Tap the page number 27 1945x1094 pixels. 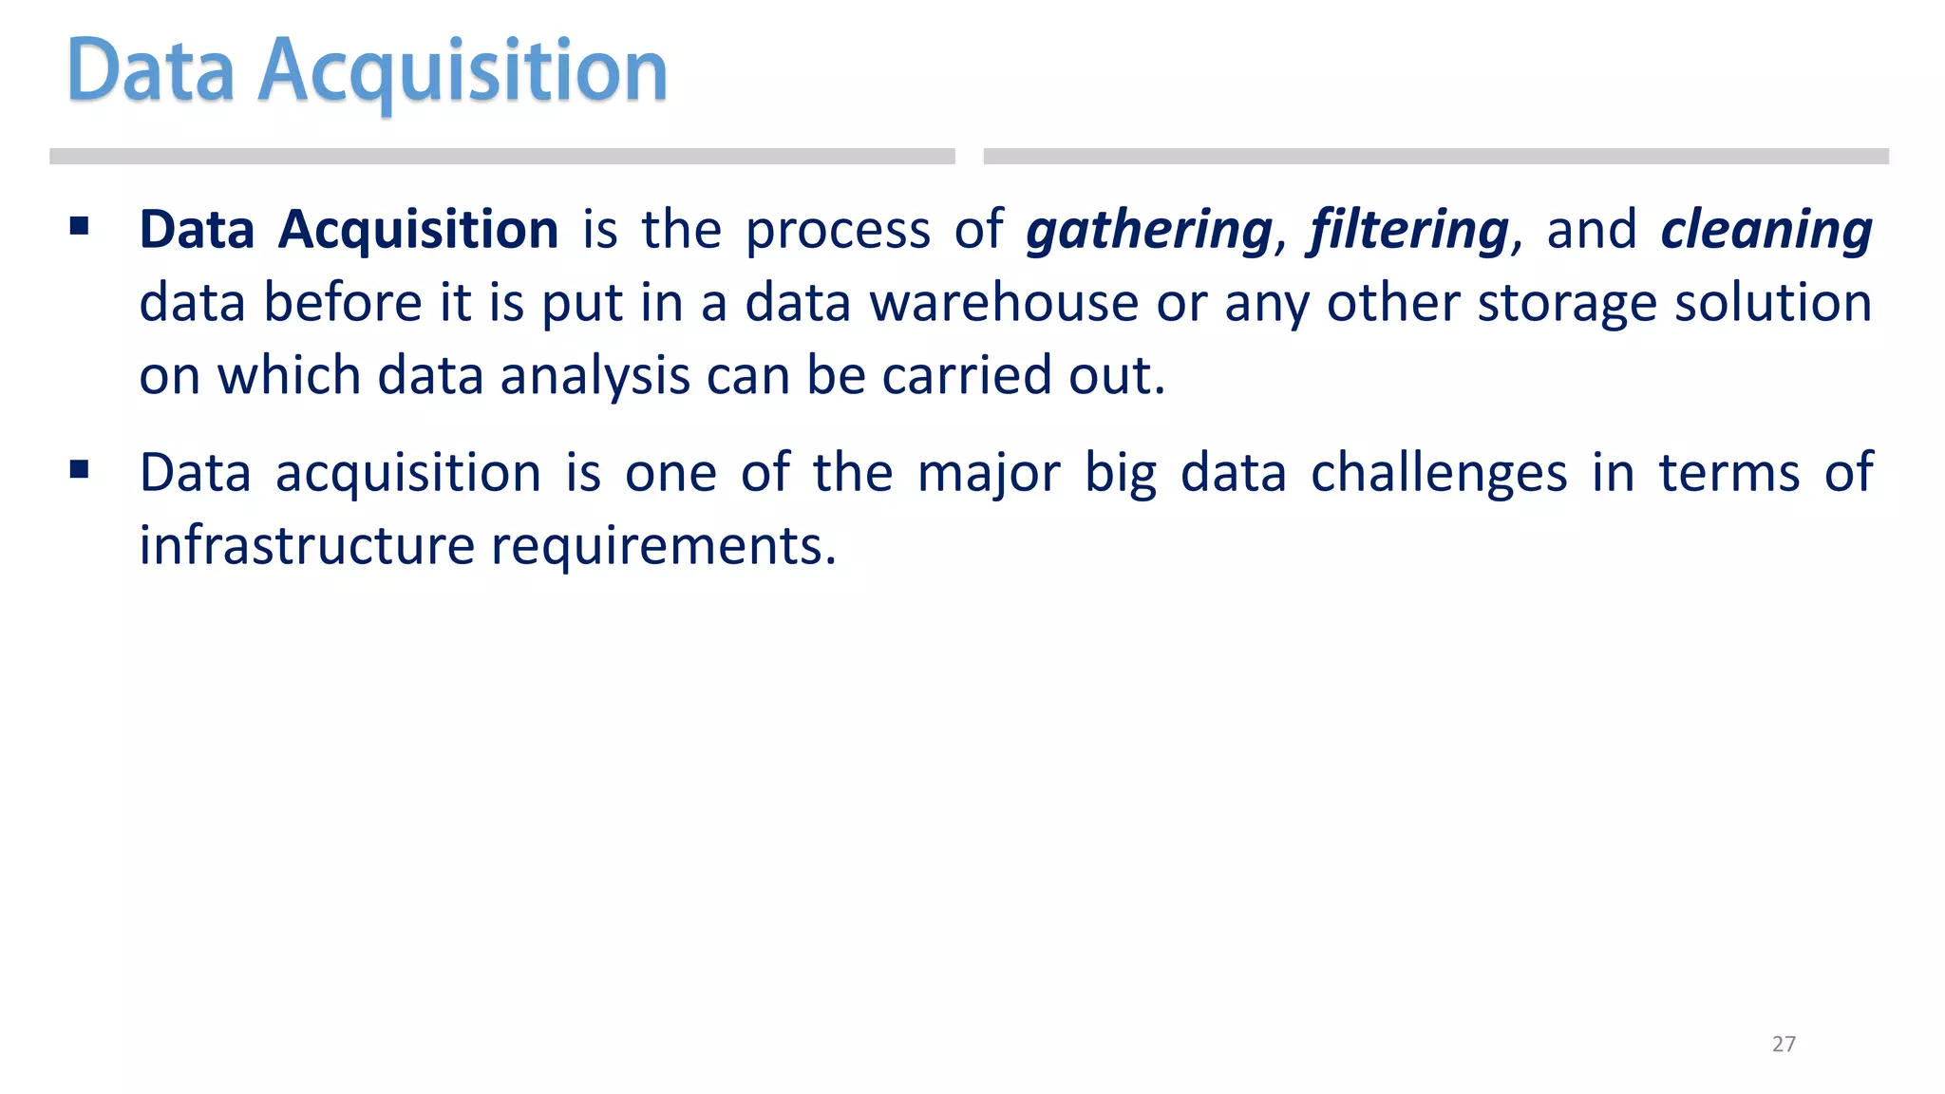click(1784, 1044)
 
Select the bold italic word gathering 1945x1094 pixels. click(1149, 231)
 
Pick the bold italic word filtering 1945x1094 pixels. click(1409, 231)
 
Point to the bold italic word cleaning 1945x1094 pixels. click(1766, 231)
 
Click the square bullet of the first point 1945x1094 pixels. click(80, 227)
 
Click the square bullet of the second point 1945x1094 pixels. click(80, 469)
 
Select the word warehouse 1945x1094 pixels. click(1004, 303)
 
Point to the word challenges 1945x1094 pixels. click(1439, 473)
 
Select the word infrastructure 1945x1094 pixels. click(306, 545)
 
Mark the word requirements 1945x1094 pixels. click(663, 547)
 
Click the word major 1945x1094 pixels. click(988, 473)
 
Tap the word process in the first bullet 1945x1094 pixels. click(838, 231)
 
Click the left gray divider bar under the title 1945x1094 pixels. click(501, 157)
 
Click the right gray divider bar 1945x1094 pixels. click(1436, 157)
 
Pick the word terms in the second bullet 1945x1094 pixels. click(1728, 473)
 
